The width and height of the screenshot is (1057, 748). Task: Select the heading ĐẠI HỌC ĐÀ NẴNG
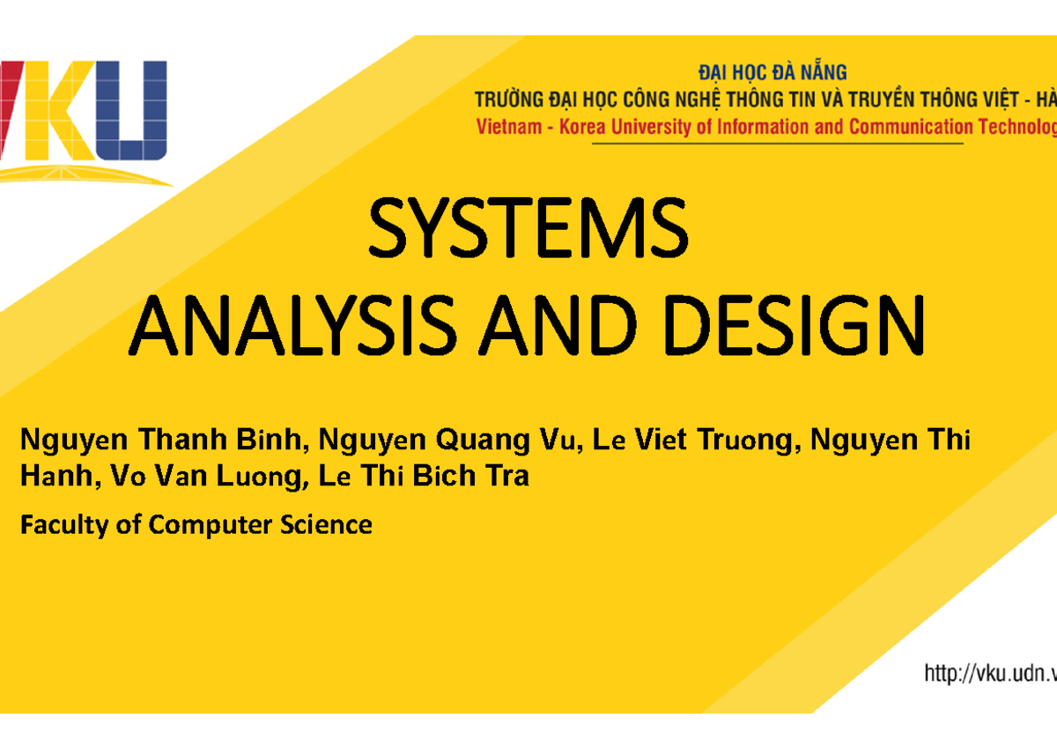772,73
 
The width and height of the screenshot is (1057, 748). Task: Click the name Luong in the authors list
260,478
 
